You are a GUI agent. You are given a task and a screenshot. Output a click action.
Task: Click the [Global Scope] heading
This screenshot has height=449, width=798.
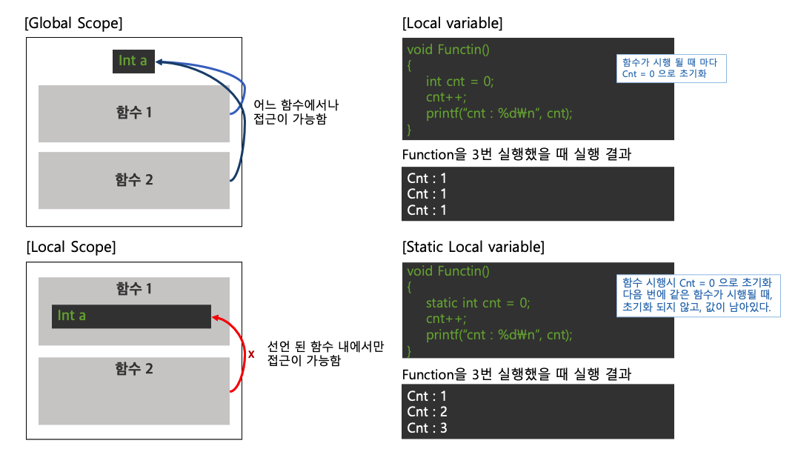73,23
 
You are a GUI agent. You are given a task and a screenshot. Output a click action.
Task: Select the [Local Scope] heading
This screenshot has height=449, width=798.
70,247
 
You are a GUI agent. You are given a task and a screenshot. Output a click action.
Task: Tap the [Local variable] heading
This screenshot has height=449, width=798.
452,23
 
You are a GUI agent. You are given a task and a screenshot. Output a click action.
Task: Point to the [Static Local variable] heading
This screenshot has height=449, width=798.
473,247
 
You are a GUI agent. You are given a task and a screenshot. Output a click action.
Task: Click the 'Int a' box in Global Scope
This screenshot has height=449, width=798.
133,61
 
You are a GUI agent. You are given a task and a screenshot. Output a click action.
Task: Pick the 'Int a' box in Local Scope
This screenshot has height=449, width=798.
131,316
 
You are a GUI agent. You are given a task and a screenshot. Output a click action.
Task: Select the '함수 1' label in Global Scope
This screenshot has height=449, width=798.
134,113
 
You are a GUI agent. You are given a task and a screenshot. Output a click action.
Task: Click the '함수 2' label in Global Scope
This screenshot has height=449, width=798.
134,179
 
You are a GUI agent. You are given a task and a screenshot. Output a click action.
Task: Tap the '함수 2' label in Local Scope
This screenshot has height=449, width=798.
134,368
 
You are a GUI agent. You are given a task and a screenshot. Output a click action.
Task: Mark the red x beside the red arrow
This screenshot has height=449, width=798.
251,354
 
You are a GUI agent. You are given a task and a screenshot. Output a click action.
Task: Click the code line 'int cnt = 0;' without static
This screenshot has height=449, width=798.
459,82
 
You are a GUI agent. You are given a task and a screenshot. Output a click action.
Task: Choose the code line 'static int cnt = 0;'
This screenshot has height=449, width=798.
479,302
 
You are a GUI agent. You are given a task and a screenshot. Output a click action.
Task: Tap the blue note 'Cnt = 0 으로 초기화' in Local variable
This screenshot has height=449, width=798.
671,68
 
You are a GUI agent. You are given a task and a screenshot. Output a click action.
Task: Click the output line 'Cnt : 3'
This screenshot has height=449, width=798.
428,428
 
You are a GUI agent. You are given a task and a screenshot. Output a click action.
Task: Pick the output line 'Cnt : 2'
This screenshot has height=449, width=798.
428,412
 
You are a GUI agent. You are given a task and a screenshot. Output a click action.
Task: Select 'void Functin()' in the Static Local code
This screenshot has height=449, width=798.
448,271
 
